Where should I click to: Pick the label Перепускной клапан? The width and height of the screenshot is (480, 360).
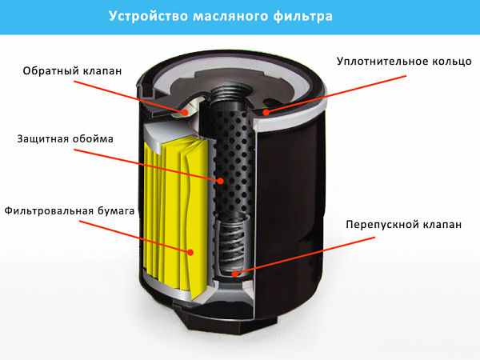tap(403, 226)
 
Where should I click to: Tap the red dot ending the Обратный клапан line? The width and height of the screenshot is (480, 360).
tap(185, 113)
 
